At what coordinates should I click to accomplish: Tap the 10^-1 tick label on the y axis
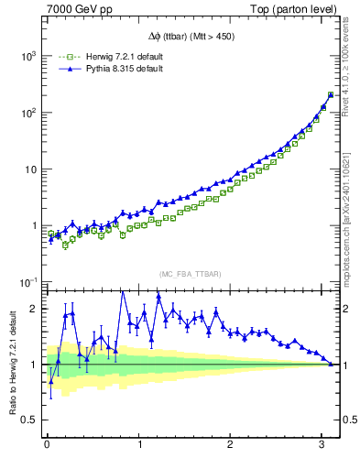click(x=28, y=282)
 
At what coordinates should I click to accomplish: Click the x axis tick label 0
click(x=47, y=446)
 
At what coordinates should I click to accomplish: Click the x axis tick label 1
click(x=139, y=446)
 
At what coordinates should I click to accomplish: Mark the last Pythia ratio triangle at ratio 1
click(x=331, y=364)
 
